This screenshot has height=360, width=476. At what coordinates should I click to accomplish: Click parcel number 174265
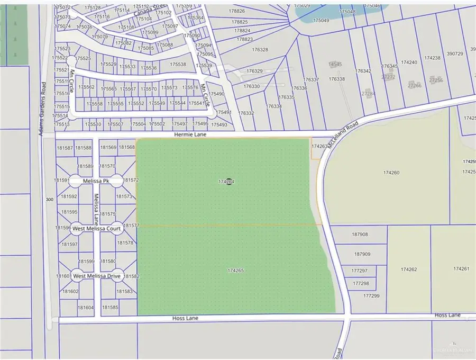(235, 271)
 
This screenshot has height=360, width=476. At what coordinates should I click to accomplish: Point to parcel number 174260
(390, 172)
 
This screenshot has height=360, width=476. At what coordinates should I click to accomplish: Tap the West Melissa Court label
(97, 229)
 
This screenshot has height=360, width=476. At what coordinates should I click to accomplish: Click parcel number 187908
(360, 234)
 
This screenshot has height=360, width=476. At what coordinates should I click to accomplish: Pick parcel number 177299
(371, 296)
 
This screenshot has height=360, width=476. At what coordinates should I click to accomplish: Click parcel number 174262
(409, 269)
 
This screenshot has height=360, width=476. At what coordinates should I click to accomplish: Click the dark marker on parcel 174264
(228, 182)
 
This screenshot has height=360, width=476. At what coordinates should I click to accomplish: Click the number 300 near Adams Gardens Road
(50, 199)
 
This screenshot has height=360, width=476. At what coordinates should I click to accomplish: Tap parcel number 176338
(336, 79)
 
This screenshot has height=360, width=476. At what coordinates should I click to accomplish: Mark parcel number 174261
(461, 269)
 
